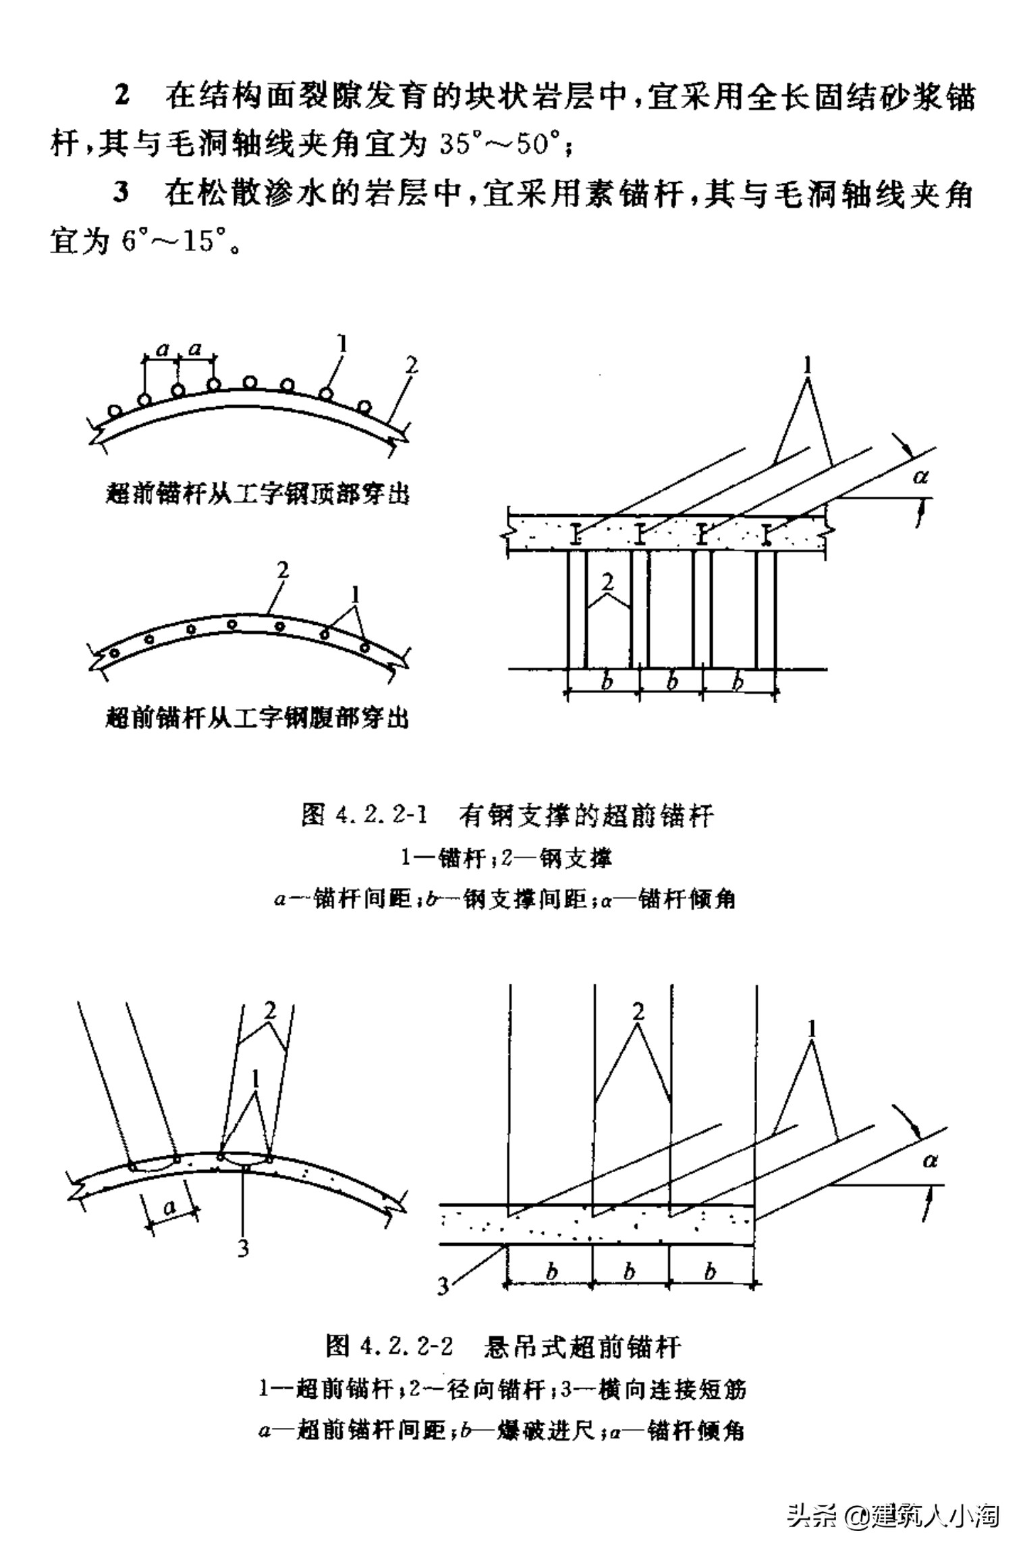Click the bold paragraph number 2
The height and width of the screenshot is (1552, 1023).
[121, 96]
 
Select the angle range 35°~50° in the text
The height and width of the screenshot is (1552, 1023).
[500, 144]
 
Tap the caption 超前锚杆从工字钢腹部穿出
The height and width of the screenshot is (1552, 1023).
[258, 717]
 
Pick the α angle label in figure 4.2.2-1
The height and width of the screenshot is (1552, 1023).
[920, 477]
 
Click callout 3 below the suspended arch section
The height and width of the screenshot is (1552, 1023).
[244, 1248]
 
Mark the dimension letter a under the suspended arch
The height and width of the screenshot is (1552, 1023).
[170, 1206]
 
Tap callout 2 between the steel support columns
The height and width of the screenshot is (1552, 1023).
[608, 582]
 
